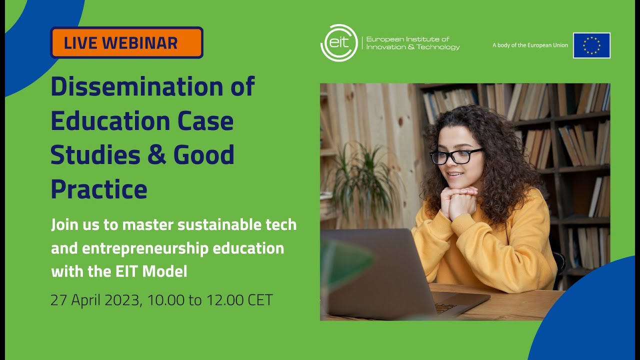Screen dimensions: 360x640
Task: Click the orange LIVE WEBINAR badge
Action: click(126, 42)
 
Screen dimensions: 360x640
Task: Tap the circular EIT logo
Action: click(339, 43)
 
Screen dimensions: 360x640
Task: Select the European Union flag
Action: click(591, 45)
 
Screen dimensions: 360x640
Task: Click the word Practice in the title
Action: click(99, 189)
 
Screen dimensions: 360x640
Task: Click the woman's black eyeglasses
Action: click(456, 156)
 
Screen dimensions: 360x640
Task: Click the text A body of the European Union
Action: click(530, 45)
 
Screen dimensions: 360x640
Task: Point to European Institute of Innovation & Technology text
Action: click(412, 43)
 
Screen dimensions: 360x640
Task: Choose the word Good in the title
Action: click(204, 155)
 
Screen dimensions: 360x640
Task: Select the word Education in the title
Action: click(105, 121)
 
